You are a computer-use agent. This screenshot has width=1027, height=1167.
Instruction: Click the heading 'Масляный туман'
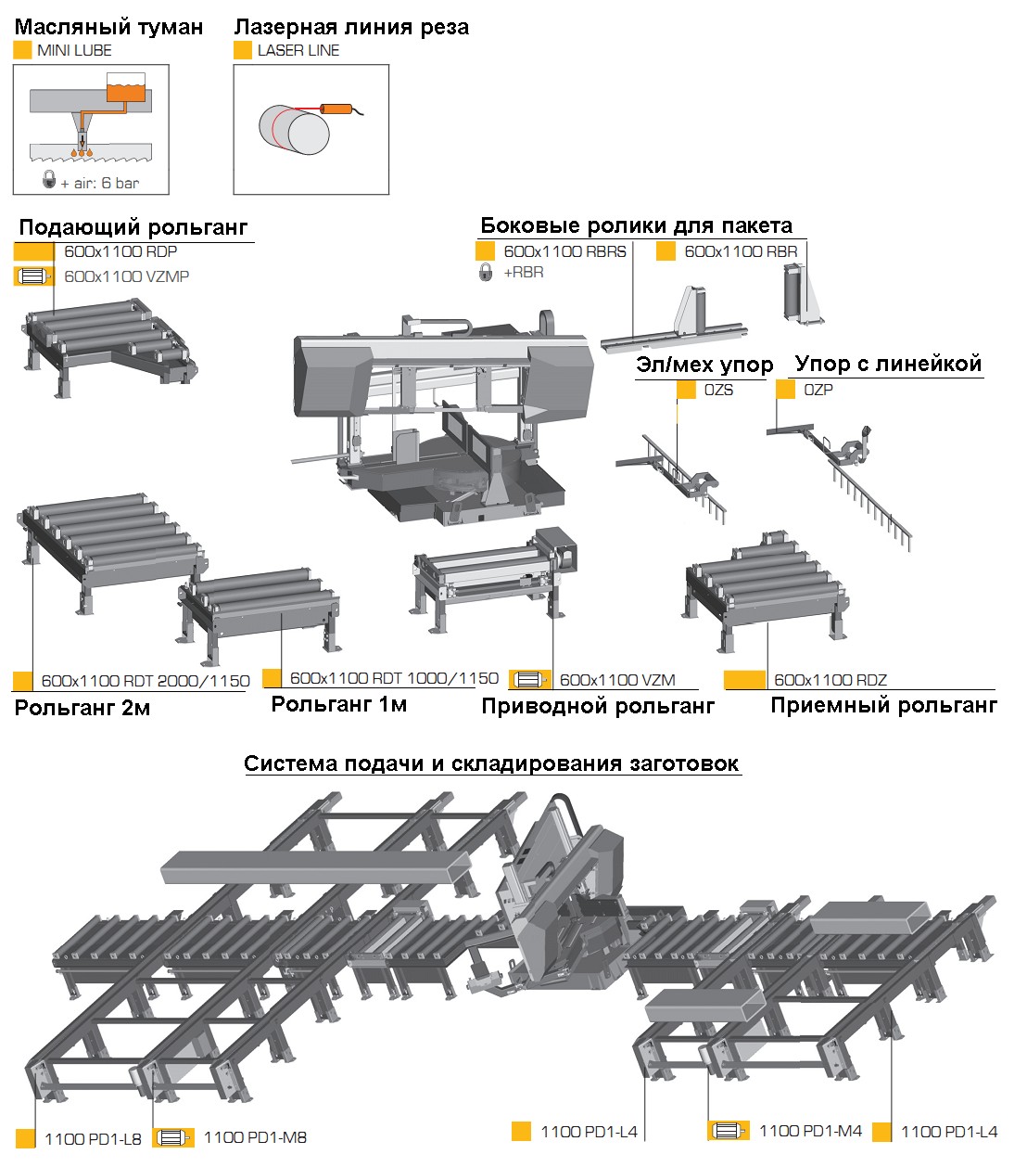108,27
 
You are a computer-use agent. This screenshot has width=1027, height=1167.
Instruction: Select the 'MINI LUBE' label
74,51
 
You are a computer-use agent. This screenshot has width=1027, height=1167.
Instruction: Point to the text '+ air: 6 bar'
100,183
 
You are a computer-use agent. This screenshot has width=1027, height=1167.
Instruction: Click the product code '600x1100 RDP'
120,251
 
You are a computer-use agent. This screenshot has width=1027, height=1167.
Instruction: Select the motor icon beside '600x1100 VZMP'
33,276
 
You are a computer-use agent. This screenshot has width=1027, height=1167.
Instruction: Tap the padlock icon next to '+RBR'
485,273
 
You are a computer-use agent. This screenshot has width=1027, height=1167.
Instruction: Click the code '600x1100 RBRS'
564,251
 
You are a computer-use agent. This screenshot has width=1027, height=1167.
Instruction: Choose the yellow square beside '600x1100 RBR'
666,251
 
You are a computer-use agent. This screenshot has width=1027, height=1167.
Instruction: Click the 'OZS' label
718,390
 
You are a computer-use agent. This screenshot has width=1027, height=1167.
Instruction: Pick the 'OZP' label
818,390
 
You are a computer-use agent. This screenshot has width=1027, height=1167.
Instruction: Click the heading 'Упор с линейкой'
887,364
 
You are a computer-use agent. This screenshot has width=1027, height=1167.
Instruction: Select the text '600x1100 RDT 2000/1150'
146,681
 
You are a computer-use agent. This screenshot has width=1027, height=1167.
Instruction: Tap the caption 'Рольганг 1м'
338,704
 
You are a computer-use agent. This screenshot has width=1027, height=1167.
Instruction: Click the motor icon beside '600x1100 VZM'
530,680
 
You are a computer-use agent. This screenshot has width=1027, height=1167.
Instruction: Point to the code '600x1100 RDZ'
830,680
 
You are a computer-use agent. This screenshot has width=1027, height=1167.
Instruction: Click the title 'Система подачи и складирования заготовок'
491,763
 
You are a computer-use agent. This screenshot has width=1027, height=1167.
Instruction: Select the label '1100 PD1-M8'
255,1137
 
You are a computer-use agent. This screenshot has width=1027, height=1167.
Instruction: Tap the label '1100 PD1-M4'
810,1131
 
